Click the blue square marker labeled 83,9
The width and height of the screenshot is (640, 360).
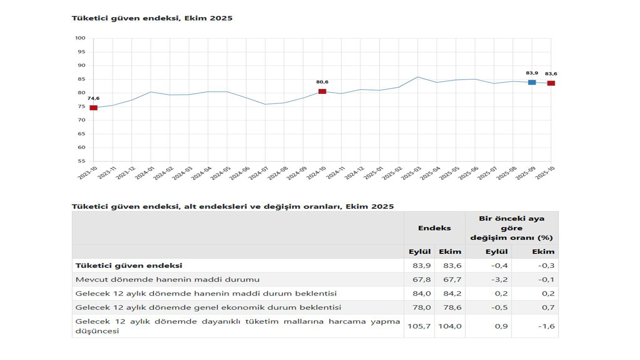(x=532, y=82)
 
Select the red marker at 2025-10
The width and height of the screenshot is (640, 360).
(x=551, y=83)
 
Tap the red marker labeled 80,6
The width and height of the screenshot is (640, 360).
(x=322, y=91)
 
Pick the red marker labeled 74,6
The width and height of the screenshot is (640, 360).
(x=93, y=107)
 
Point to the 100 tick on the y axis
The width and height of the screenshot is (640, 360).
(x=80, y=38)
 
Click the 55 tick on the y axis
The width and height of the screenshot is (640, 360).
(x=81, y=161)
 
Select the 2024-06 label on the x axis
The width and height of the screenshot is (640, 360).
(x=239, y=173)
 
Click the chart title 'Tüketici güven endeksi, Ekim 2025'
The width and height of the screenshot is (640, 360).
(x=152, y=18)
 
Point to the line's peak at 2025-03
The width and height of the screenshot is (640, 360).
(x=417, y=77)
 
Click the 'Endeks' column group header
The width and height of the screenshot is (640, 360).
(x=434, y=228)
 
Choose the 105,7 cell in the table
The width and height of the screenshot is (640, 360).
(x=419, y=326)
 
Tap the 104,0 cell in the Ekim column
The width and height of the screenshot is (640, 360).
(x=450, y=326)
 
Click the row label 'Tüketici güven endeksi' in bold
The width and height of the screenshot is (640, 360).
(x=128, y=265)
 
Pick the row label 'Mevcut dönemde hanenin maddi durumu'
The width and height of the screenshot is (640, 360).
(x=167, y=279)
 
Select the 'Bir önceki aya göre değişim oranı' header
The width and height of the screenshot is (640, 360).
(x=511, y=228)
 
